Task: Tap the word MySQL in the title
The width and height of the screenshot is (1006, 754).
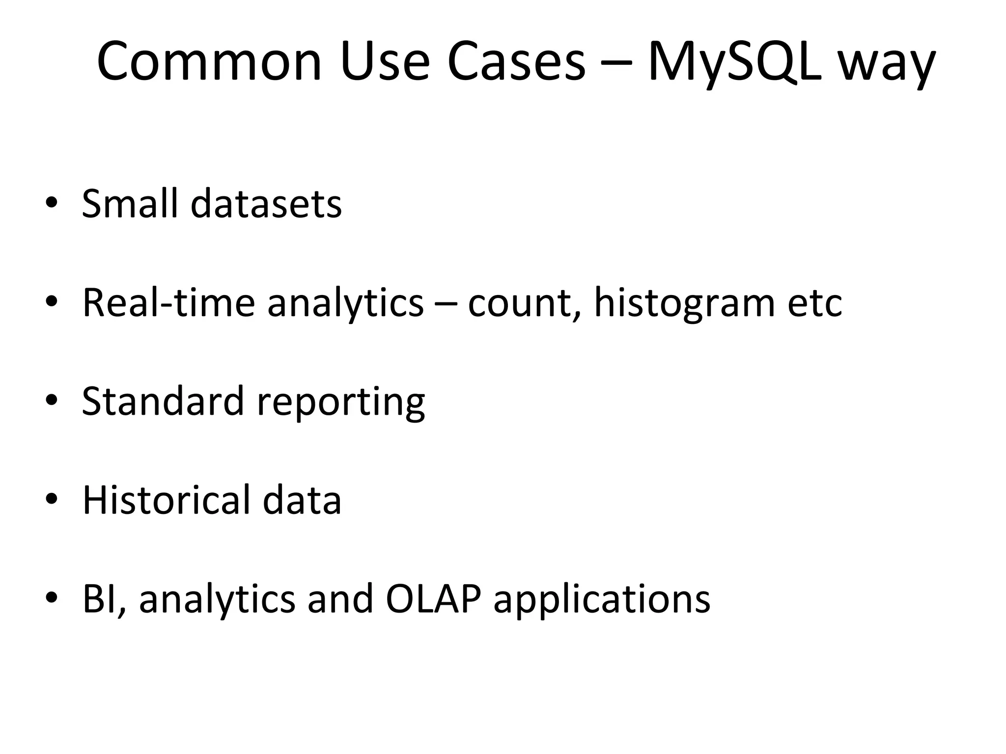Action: pyautogui.click(x=734, y=62)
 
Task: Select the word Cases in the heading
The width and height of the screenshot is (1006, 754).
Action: pyautogui.click(x=516, y=62)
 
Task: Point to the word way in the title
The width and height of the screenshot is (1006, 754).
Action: pyautogui.click(x=886, y=66)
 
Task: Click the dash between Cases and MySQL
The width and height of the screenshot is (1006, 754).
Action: pyautogui.click(x=616, y=64)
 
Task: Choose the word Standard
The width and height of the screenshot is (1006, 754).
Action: pyautogui.click(x=163, y=401)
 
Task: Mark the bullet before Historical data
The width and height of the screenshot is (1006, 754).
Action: pyautogui.click(x=52, y=499)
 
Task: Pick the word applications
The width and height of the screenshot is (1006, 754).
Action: pyautogui.click(x=602, y=600)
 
